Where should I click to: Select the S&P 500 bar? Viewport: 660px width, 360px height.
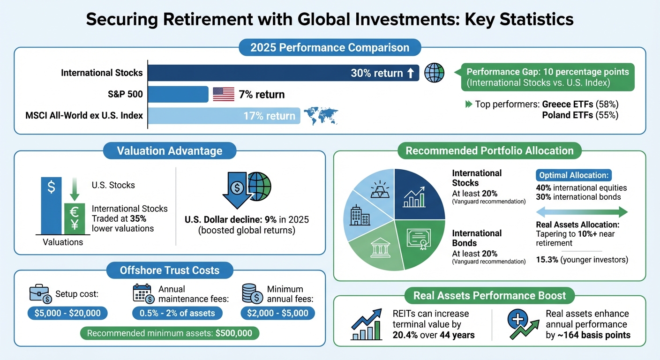(x=178, y=94)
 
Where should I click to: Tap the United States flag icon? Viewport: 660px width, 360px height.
(x=224, y=94)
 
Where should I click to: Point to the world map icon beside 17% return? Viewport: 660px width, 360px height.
(x=321, y=116)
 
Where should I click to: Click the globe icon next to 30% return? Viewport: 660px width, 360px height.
(x=434, y=73)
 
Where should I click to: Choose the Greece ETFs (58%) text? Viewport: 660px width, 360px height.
(x=580, y=104)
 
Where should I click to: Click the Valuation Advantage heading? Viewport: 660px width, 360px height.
(x=170, y=151)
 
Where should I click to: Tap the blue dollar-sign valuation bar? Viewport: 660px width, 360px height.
(x=52, y=205)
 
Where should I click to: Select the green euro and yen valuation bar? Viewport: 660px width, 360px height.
(x=74, y=218)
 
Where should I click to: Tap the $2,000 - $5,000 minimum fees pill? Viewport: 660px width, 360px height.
(x=278, y=313)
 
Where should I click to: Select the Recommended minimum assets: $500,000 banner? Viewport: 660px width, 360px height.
(x=170, y=334)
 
